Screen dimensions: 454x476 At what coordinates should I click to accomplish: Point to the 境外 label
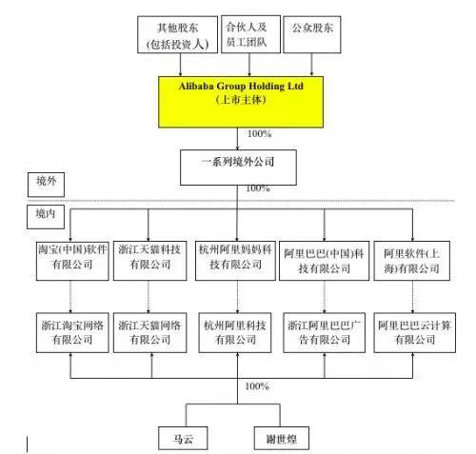tap(41, 180)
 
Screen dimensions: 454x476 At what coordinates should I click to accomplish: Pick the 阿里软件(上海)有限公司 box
tap(412, 257)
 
